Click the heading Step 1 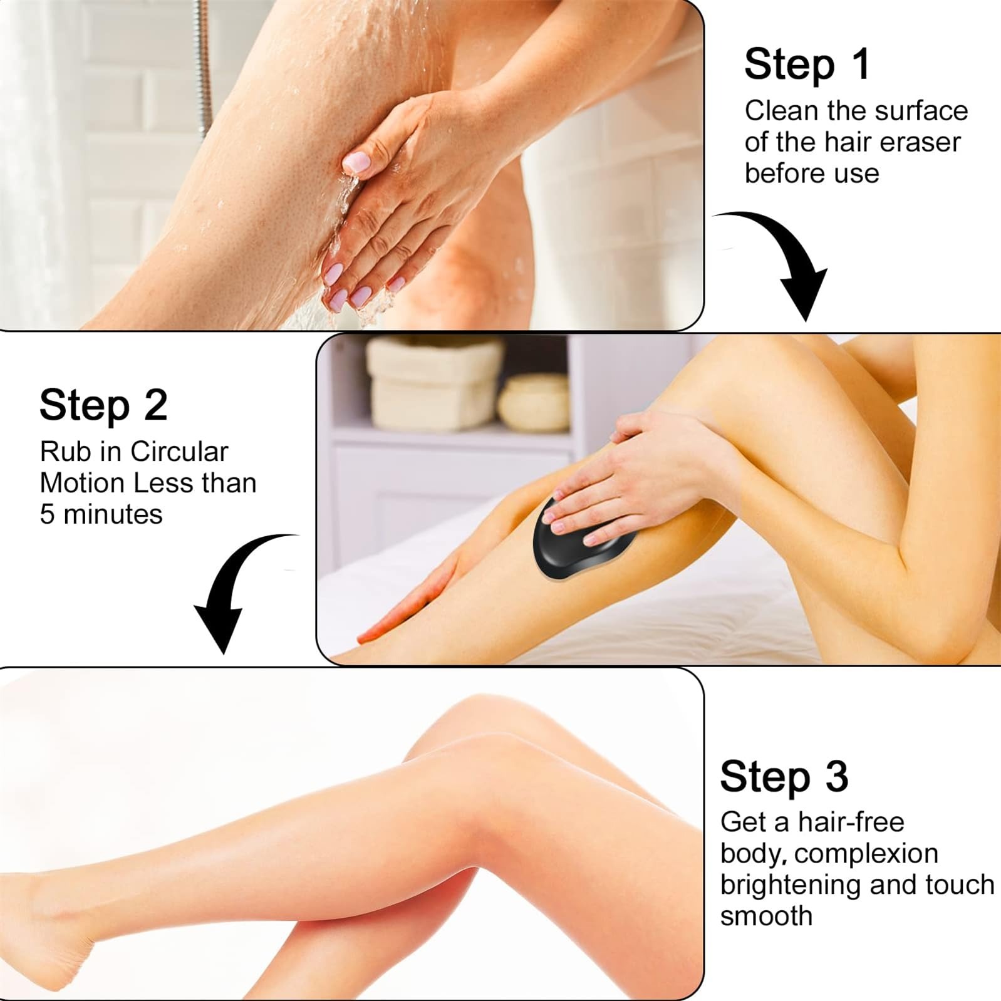pyautogui.click(x=807, y=65)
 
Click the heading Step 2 pyautogui.click(x=103, y=405)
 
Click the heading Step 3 pyautogui.click(x=784, y=776)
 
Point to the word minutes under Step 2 pyautogui.click(x=113, y=514)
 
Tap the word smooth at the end pyautogui.click(x=765, y=916)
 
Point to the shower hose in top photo pyautogui.click(x=202, y=63)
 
